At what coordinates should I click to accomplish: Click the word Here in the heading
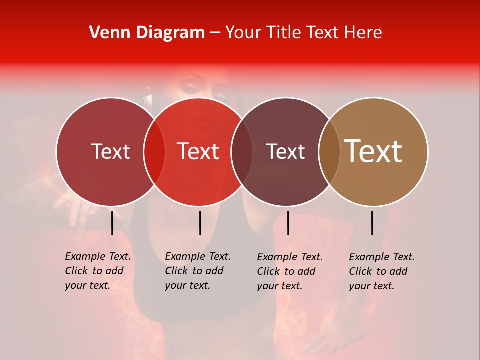[364, 33]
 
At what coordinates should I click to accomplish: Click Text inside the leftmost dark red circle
[110, 152]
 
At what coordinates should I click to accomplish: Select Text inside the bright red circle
[198, 152]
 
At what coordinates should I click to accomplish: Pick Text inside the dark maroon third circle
[286, 152]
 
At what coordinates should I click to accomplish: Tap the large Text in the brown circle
[373, 151]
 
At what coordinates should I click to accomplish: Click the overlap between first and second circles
[154, 152]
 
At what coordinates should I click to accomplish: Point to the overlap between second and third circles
[242, 152]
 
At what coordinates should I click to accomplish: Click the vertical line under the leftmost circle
[112, 223]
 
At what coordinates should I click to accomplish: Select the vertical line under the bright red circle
[200, 223]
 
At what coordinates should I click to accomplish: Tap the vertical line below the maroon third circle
[288, 223]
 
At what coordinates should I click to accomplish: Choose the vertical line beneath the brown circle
[372, 223]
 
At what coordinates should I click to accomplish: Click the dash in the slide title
[215, 33]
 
